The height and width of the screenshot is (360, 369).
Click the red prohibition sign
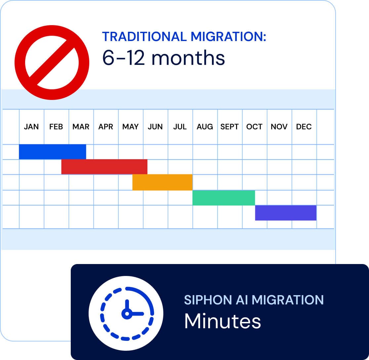pos(52,62)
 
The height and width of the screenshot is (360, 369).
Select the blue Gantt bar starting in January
pos(53,152)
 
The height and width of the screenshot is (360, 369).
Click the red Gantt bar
pos(104,167)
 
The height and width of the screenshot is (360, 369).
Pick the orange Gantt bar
pos(162,182)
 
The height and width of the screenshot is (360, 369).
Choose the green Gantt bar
pos(224,198)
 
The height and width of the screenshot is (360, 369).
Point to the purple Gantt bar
pos(286,213)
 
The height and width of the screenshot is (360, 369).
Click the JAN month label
pos(31,127)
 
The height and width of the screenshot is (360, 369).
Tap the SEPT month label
pos(229,127)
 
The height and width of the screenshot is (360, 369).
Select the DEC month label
pos(304,127)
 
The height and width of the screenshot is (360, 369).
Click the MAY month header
pos(130,127)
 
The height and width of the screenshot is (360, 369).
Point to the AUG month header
pos(205,127)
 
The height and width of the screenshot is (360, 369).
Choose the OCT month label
pos(254,127)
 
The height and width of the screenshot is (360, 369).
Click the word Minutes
pos(223,321)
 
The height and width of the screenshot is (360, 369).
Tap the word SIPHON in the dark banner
pos(203,300)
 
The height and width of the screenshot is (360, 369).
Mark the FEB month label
pos(56,127)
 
